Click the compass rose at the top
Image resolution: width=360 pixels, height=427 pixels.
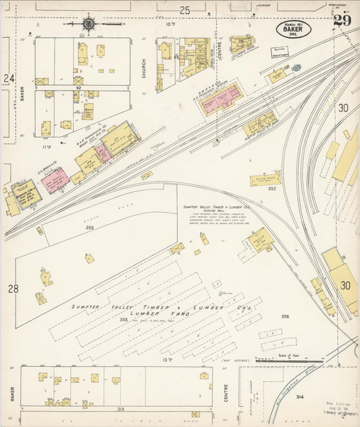(x=88, y=25)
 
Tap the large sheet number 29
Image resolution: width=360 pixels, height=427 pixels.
(x=342, y=19)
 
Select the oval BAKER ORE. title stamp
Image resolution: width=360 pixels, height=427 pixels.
(x=293, y=29)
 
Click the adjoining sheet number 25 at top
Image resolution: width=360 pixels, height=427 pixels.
(x=184, y=9)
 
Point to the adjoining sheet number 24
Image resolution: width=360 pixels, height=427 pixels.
(x=9, y=78)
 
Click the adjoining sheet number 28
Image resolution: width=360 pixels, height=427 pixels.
(x=13, y=288)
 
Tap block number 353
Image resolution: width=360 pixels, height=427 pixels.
(x=89, y=228)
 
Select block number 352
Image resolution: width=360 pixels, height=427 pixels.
(x=272, y=189)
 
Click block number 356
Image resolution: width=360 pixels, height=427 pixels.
(x=285, y=316)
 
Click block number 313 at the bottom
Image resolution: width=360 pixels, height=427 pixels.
(x=120, y=409)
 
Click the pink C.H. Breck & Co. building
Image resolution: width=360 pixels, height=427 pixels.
(x=55, y=180)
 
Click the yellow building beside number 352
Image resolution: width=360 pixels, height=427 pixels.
(x=264, y=179)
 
